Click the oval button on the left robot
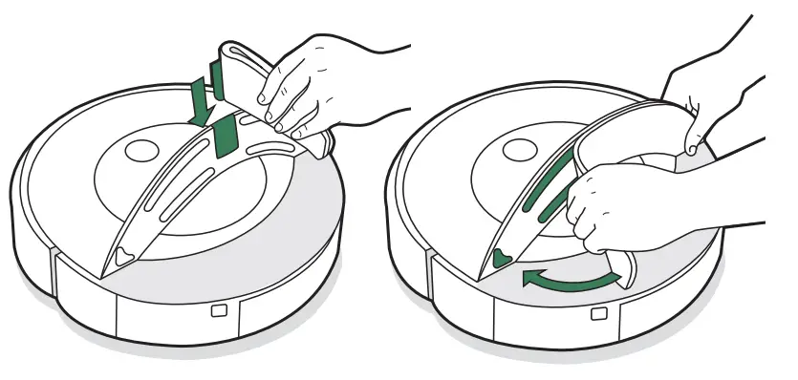point(140,151)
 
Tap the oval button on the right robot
point(518,150)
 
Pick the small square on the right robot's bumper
point(597,314)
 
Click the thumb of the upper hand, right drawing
point(686,146)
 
